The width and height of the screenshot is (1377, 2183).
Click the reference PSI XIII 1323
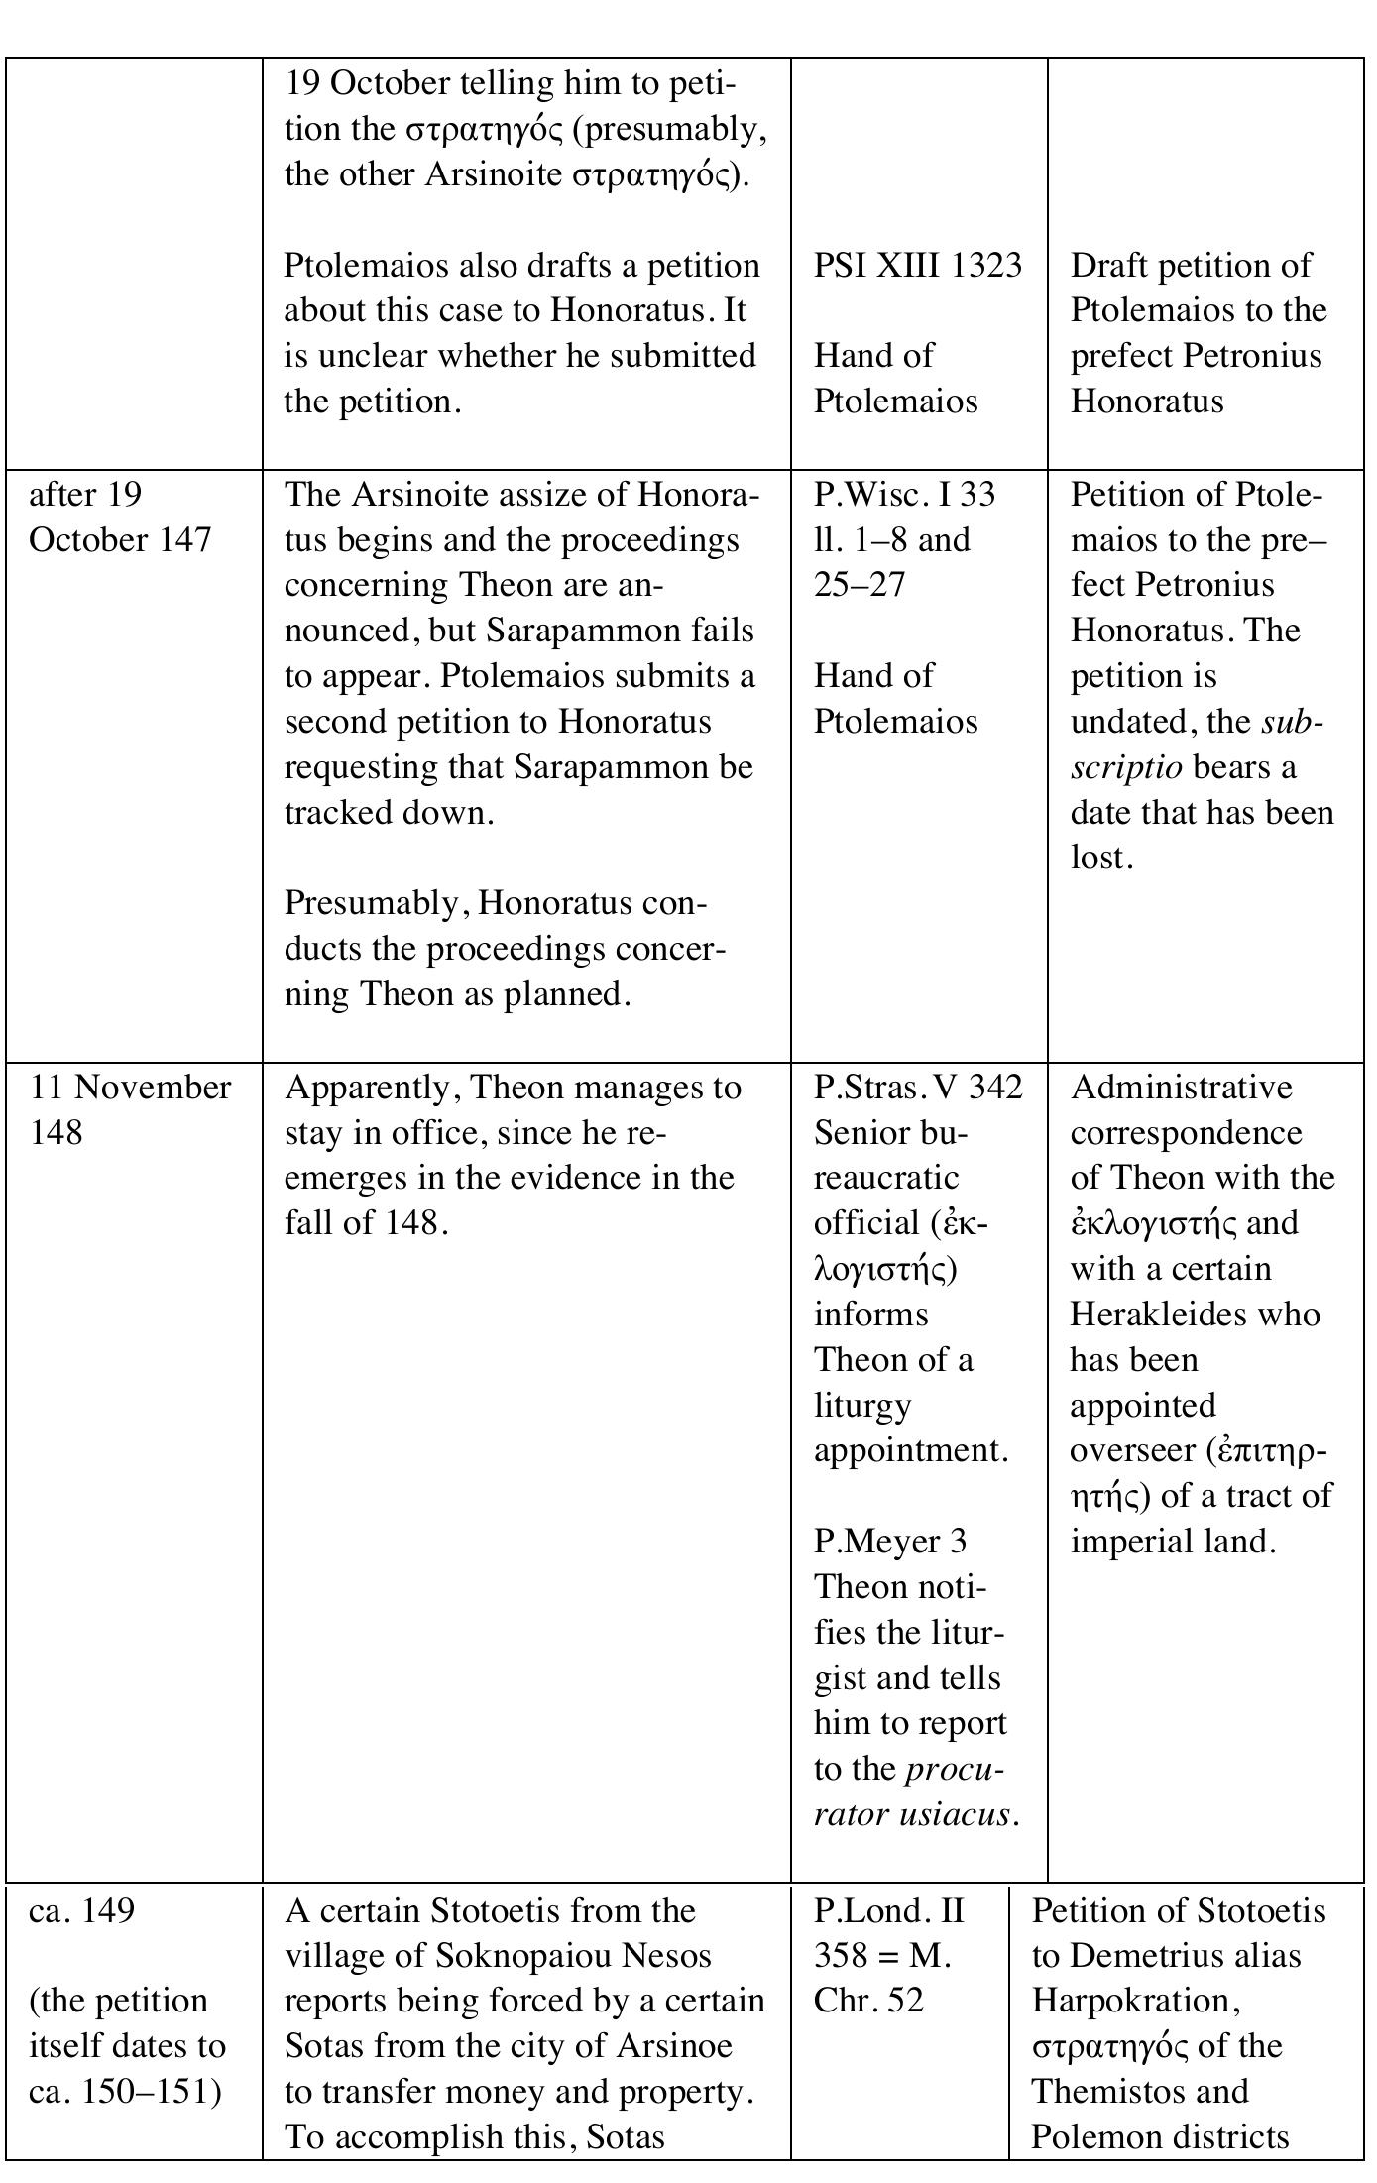pos(917,266)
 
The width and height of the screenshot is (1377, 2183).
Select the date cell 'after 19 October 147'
pos(119,517)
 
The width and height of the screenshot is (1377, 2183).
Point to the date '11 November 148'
pos(129,1109)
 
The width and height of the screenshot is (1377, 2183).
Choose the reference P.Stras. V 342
pos(917,1088)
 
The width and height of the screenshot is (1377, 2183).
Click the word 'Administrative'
pos(1181,1088)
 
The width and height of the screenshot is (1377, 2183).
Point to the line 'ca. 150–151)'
pos(124,2092)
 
